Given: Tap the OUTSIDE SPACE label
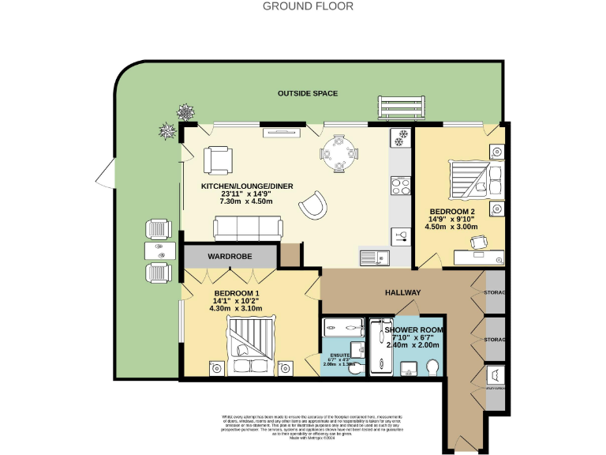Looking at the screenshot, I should [308, 93].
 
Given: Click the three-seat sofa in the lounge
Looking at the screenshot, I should [248, 229].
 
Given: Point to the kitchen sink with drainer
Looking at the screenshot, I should [372, 257].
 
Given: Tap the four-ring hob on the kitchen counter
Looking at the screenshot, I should [398, 187].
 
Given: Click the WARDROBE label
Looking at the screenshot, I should [229, 257].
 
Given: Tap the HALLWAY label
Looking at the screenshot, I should [402, 293].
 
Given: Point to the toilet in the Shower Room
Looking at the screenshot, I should [432, 367].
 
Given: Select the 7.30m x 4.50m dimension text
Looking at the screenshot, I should [245, 201].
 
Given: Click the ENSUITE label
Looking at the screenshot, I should [339, 355].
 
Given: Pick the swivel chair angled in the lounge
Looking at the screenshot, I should [312, 205].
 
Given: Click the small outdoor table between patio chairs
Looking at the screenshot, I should [160, 250].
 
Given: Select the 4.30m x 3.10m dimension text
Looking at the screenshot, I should [235, 308].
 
